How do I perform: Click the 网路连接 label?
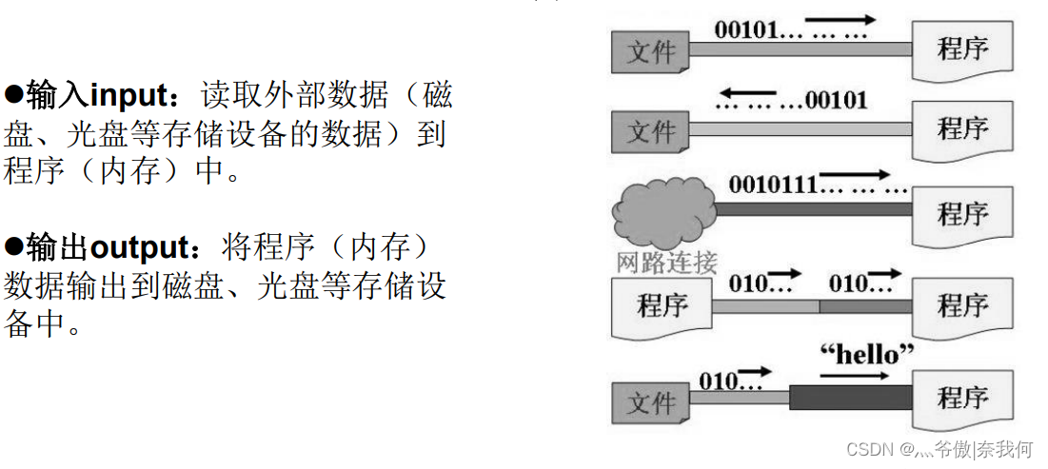[666, 263]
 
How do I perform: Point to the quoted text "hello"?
[866, 355]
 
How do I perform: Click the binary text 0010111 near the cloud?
[772, 184]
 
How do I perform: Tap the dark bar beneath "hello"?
[850, 397]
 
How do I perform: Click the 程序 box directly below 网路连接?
[662, 306]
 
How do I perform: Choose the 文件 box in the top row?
[651, 52]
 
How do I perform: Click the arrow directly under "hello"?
[848, 375]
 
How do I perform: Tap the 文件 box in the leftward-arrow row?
[651, 131]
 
